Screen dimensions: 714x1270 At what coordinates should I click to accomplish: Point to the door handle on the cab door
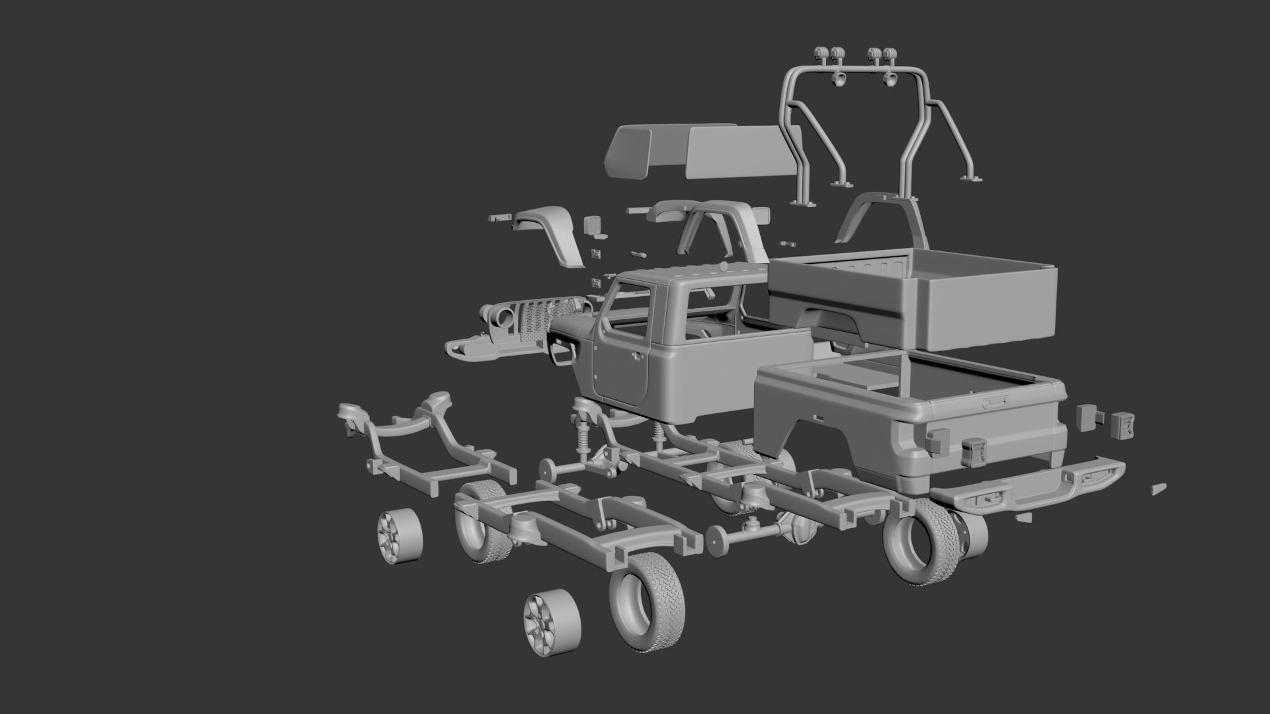pos(636,356)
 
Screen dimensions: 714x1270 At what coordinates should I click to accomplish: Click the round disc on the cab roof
pos(723,267)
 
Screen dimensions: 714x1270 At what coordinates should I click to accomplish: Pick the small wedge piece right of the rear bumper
pos(1159,489)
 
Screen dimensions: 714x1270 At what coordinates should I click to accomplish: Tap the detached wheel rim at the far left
pos(400,535)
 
